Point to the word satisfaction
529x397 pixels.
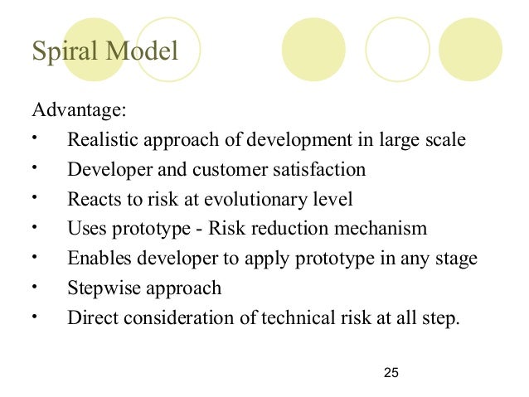(317, 170)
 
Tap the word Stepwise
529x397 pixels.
(101, 288)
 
